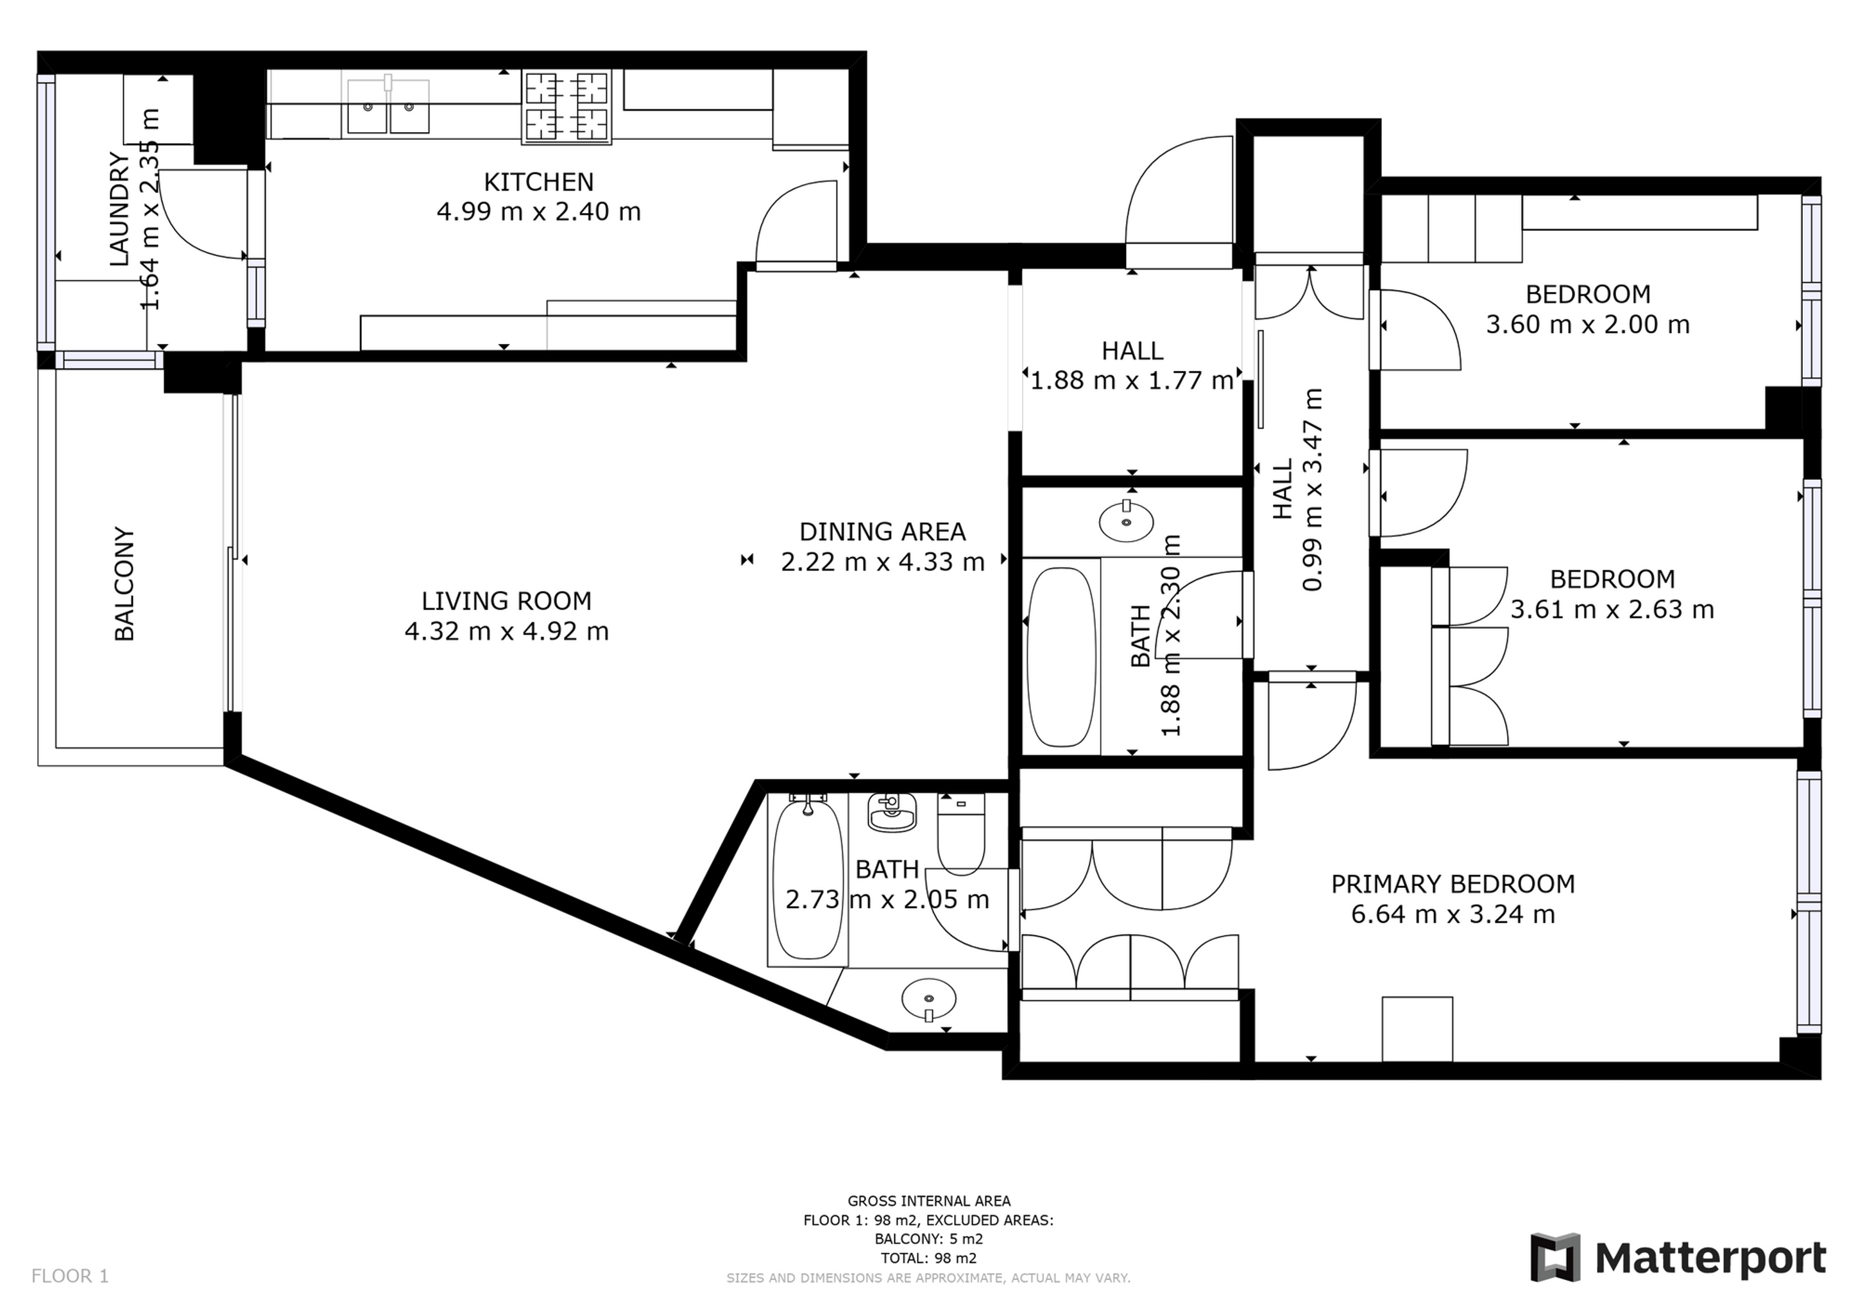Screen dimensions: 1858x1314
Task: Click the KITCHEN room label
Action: point(538,182)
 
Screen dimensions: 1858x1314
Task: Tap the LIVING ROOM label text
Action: point(507,601)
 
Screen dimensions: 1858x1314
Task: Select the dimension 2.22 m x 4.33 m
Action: point(882,561)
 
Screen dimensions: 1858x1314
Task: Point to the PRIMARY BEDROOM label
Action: point(1453,884)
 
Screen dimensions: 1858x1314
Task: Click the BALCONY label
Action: point(124,584)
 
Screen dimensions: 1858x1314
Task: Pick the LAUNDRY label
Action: point(119,210)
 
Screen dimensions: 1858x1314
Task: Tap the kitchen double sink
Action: point(388,105)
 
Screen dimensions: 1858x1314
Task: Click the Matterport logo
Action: point(1678,1258)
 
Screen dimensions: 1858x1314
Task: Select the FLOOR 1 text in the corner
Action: point(69,1276)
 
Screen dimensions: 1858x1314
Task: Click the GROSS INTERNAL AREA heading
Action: point(929,1202)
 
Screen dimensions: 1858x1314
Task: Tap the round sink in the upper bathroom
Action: point(1127,521)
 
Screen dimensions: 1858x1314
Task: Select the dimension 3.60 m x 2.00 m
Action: point(1588,325)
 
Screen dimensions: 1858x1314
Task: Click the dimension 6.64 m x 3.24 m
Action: point(1453,915)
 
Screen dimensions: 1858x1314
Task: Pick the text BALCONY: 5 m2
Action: point(929,1239)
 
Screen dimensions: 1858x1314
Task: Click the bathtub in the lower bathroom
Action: point(808,877)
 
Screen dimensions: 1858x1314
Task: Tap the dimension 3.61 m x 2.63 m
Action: point(1612,610)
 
